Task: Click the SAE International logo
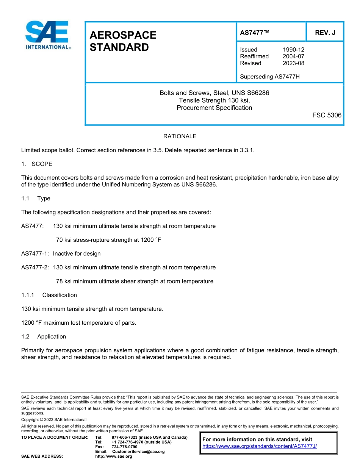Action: tap(47, 35)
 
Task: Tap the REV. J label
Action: tap(325, 33)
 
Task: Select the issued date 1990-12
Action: tap(293, 50)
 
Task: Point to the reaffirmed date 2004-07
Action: tap(293, 56)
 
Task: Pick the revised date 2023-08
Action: tap(293, 63)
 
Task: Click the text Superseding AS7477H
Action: tap(270, 77)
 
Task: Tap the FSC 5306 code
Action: tap(327, 115)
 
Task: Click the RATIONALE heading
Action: tap(180, 136)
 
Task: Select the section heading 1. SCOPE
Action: tap(37, 164)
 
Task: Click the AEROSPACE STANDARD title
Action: tap(123, 41)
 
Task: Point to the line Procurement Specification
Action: tap(214, 108)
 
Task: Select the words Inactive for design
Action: tap(77, 253)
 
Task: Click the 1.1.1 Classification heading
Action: tap(49, 295)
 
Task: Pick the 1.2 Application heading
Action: tap(44, 336)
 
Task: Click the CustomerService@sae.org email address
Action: tap(138, 452)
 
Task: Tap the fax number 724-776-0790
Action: tap(125, 447)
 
